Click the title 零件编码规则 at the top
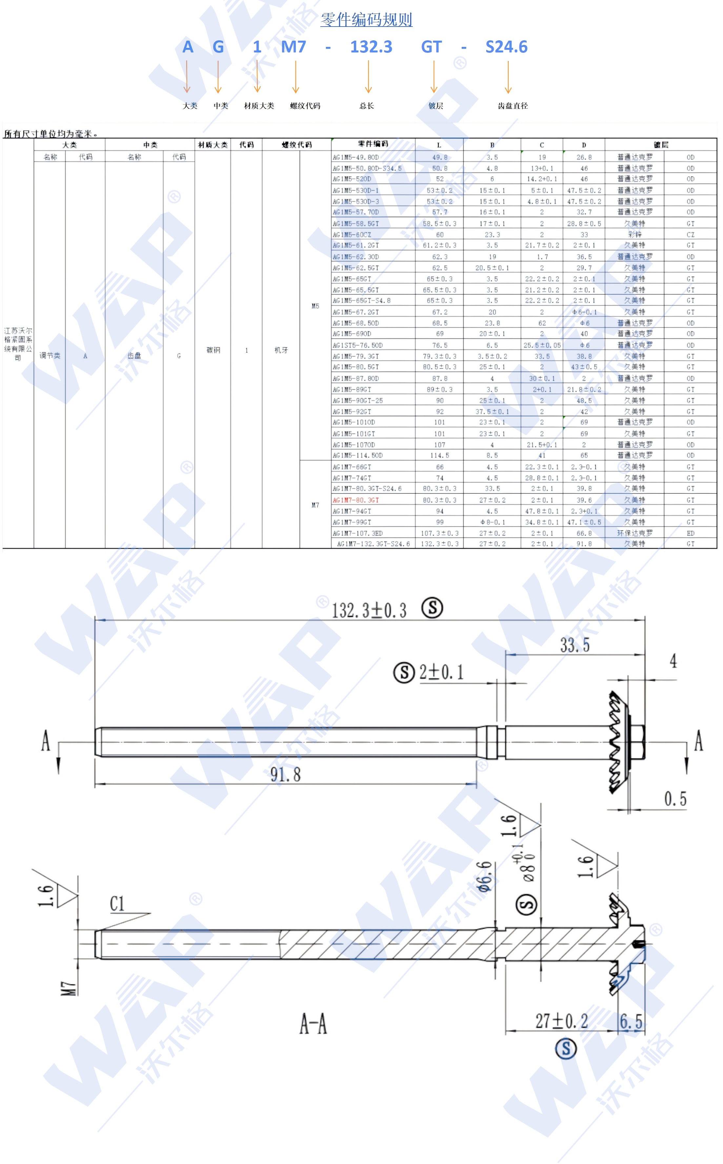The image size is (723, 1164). coord(366,20)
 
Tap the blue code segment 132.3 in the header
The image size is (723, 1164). coord(371,47)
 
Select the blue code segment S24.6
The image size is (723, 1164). coord(506,47)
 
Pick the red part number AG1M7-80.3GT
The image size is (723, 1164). coord(356,500)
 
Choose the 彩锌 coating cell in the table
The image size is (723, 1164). coord(634,234)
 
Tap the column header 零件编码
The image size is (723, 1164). coord(373,144)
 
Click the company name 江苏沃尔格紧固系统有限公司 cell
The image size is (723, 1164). coord(18,344)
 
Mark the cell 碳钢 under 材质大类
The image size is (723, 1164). coord(213,350)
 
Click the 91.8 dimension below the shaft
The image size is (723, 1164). coord(286,775)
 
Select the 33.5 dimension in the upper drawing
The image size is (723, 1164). coord(575,645)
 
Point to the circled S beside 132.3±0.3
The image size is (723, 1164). coord(432,608)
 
